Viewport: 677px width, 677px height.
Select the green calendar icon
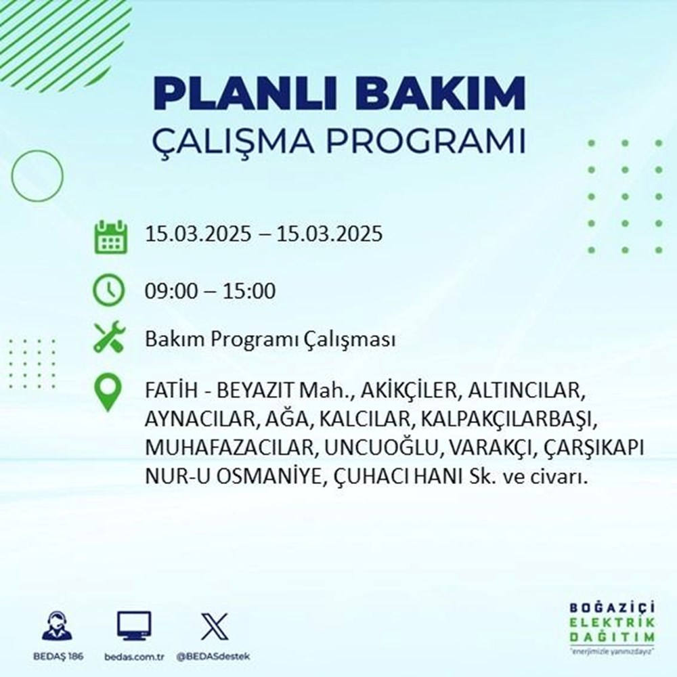click(110, 236)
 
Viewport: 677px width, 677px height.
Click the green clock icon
click(109, 292)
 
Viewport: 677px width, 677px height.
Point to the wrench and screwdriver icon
click(109, 338)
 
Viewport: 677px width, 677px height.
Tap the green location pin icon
click(109, 393)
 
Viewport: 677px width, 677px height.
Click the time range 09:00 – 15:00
click(210, 292)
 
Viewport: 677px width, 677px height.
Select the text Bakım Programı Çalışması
click(269, 340)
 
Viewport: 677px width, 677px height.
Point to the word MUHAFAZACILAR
click(220, 449)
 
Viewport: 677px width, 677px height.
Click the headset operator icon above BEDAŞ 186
click(58, 626)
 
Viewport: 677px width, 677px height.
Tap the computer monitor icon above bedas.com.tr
click(134, 626)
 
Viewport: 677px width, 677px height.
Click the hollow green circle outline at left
click(38, 175)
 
